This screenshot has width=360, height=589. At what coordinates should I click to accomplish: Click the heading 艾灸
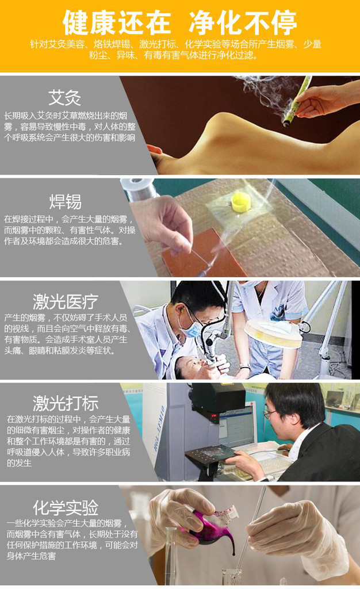(x=64, y=98)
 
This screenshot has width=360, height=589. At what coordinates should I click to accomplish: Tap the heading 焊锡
(x=65, y=201)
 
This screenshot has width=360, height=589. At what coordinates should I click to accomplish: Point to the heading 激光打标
(x=66, y=403)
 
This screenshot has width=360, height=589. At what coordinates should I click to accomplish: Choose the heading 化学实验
(x=66, y=508)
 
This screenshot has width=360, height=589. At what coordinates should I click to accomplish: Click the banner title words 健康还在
(x=117, y=22)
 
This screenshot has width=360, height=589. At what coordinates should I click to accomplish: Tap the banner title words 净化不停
(x=243, y=22)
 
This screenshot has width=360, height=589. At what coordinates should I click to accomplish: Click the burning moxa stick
(x=297, y=101)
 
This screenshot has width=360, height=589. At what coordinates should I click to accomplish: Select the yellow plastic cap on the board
(x=241, y=202)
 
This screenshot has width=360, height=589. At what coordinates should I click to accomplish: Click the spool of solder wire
(x=140, y=189)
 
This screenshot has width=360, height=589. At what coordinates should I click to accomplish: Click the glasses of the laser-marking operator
(x=270, y=413)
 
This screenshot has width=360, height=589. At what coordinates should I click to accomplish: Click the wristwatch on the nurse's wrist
(x=244, y=366)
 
